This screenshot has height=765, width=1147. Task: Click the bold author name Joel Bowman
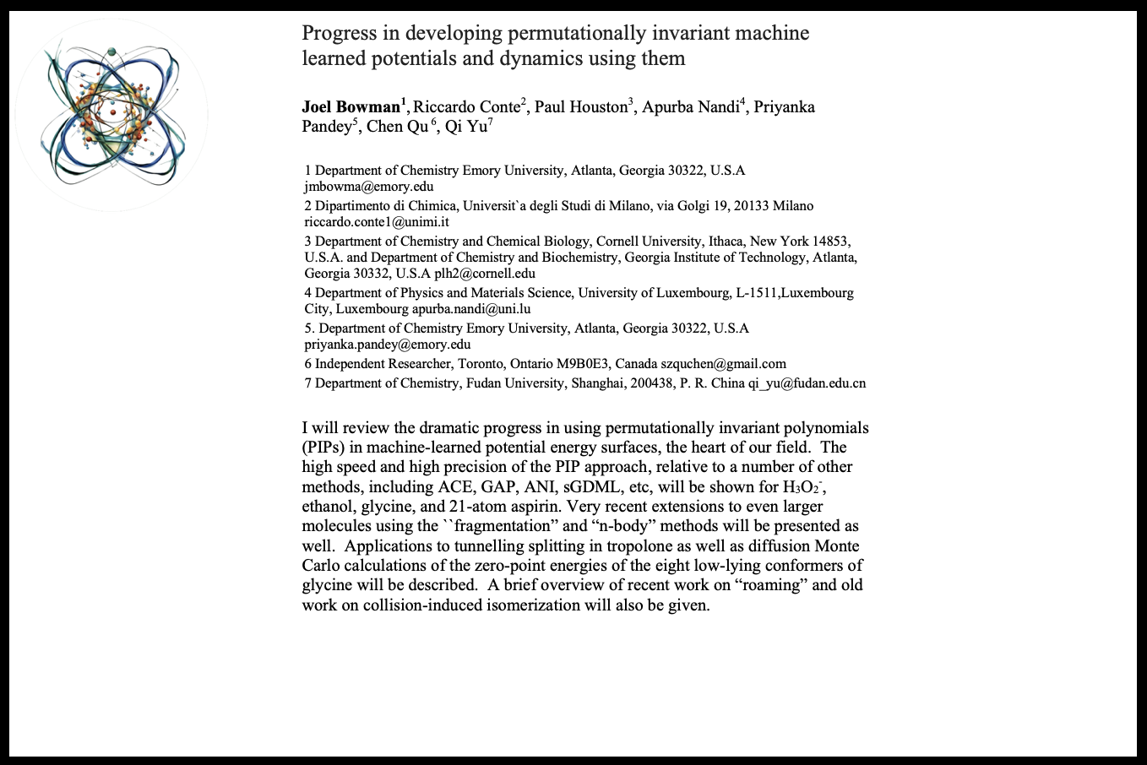(x=351, y=107)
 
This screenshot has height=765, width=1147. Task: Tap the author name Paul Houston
(x=580, y=107)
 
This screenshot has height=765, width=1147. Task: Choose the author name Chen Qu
(x=396, y=127)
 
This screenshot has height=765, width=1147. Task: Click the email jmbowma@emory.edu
(x=369, y=187)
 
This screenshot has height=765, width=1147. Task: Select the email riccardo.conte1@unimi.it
(x=377, y=222)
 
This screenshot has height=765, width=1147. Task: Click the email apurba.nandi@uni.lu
(x=471, y=309)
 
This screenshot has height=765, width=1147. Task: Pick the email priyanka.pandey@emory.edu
(x=388, y=345)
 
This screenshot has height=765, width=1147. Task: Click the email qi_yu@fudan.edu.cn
(x=807, y=383)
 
